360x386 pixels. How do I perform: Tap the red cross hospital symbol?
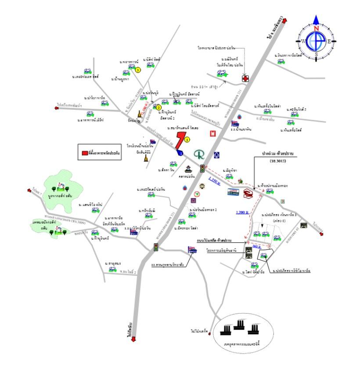click(x=245, y=78)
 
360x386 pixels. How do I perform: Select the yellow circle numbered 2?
click(x=159, y=107)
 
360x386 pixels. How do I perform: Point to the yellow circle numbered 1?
click(x=187, y=140)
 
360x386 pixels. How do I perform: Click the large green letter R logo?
click(x=200, y=155)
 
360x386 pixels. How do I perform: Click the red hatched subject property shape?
click(x=179, y=139)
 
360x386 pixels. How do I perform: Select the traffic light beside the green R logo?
click(x=202, y=169)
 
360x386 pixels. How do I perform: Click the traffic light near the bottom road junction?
click(x=155, y=248)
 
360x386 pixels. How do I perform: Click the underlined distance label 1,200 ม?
click(x=242, y=212)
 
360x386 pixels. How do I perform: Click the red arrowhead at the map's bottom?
click(x=133, y=338)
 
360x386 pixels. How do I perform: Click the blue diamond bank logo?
click(x=217, y=155)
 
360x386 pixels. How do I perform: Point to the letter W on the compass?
click(x=303, y=41)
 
